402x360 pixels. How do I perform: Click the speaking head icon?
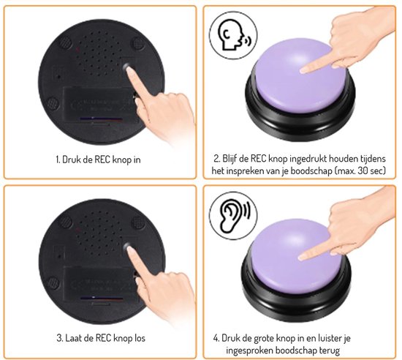(x=233, y=34)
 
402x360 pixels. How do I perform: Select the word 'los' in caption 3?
(x=140, y=338)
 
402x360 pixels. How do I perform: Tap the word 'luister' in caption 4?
(x=329, y=338)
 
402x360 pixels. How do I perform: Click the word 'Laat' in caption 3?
(x=74, y=338)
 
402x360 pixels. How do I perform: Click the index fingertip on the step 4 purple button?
(x=303, y=257)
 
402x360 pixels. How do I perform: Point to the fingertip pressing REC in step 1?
(x=130, y=70)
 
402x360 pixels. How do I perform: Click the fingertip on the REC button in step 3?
(x=131, y=250)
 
